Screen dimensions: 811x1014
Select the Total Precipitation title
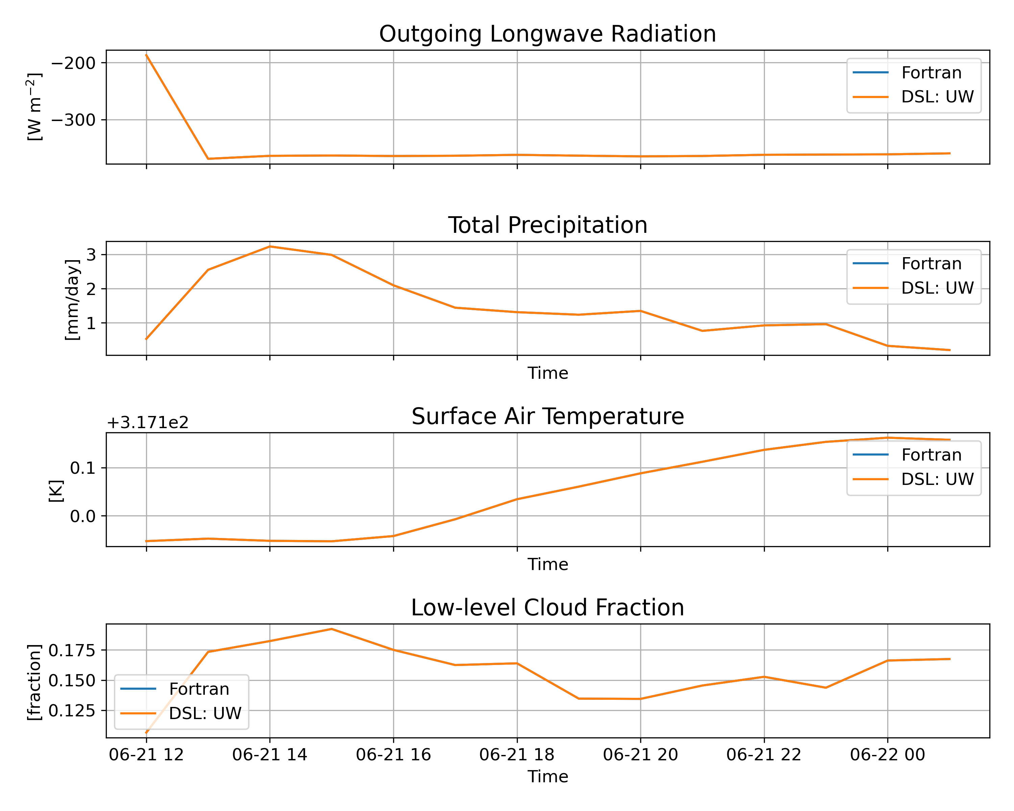(548, 225)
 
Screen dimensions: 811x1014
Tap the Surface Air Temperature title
(548, 417)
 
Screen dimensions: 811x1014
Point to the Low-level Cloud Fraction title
(548, 608)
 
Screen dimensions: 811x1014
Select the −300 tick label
(73, 120)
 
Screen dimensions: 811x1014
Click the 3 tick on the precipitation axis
(91, 255)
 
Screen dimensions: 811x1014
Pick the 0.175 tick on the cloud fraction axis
(72, 651)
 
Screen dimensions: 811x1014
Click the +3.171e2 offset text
(148, 423)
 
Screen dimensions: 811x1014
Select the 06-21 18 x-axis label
(517, 755)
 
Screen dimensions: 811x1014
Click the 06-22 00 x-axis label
(888, 755)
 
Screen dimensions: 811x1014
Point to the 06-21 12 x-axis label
(146, 755)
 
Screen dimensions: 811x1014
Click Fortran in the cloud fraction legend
(199, 689)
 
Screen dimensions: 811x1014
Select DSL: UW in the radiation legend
(937, 97)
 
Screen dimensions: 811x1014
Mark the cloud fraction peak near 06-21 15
(332, 629)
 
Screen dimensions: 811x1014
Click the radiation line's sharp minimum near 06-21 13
(208, 159)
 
